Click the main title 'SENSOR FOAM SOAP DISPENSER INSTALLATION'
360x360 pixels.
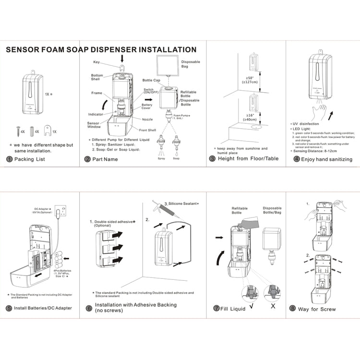[x=101, y=49]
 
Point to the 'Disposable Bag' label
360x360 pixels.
[x=190, y=65]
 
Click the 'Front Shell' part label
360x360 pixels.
[x=147, y=130]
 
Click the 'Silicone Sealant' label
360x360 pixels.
[x=181, y=204]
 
